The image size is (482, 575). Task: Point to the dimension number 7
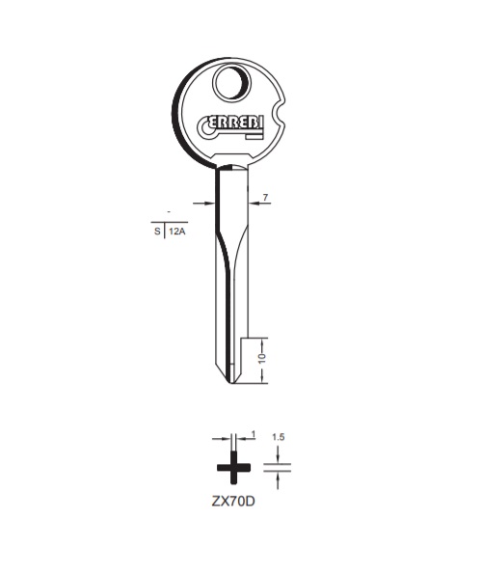pos(265,197)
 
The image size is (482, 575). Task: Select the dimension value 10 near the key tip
pos(262,358)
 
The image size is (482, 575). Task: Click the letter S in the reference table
pos(157,232)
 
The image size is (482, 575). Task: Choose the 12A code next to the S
pos(177,232)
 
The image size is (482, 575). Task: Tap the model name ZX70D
pos(233,501)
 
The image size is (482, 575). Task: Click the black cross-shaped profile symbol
pos(233,468)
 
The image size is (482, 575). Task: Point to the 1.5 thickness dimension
pos(279,437)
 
